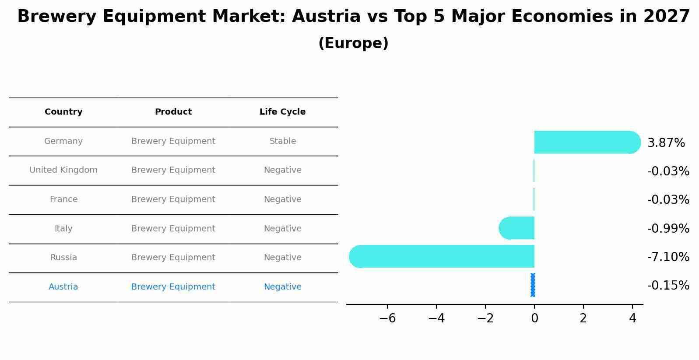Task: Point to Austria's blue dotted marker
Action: [533, 285]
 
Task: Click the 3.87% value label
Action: [666, 143]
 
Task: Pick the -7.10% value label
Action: [668, 257]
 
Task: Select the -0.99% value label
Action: [668, 229]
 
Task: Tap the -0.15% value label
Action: [668, 286]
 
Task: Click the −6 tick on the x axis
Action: [387, 318]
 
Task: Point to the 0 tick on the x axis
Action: [534, 318]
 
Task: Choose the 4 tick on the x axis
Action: [632, 318]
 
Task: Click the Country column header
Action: [63, 112]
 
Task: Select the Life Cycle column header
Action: [282, 112]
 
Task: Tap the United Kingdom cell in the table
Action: [63, 170]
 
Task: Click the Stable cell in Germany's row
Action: [283, 141]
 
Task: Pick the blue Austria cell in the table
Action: [63, 287]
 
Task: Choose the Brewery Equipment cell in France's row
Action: [173, 199]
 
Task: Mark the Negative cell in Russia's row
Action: [283, 258]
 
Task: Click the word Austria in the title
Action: [326, 17]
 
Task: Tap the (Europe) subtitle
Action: [353, 43]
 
